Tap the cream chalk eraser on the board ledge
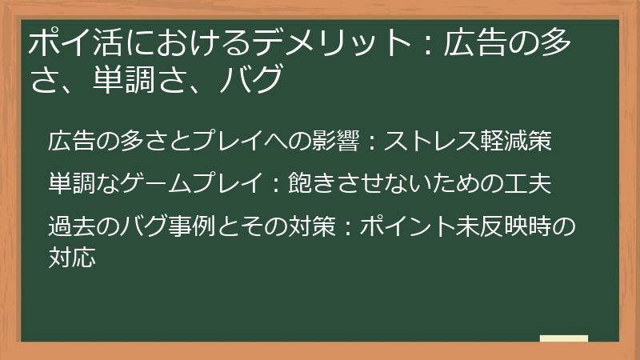click(x=563, y=338)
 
